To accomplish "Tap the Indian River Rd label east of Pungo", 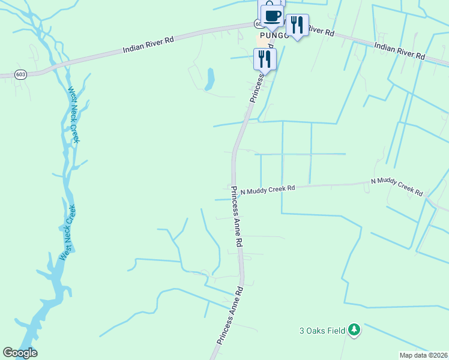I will coord(399,50).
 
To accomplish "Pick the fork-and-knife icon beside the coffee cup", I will coord(297,25).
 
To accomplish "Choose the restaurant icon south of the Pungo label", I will coord(265,58).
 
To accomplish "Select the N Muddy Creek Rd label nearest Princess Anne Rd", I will coord(267,190).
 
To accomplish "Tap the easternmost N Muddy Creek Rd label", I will coord(397,186).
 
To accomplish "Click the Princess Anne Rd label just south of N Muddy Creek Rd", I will coord(237,217).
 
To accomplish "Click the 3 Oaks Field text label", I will coord(322,331).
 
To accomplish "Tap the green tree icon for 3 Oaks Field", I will coord(355,330).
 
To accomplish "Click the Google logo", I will coord(20,353).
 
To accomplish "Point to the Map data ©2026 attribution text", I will coord(423,355).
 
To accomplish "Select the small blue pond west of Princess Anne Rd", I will coord(209,79).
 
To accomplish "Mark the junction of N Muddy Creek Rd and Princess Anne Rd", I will coord(233,191).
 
